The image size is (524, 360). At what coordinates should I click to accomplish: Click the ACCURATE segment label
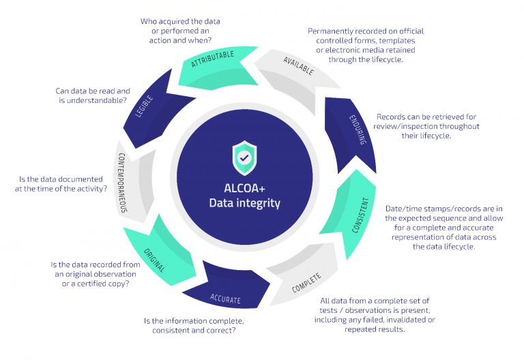225,299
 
